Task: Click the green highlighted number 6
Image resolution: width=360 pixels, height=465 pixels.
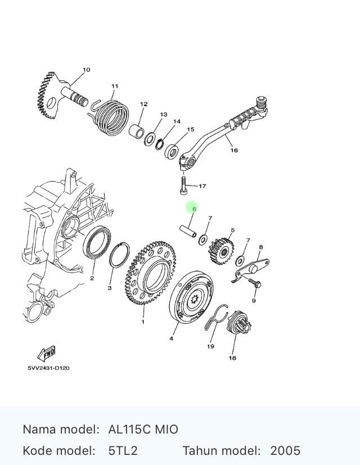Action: (x=195, y=209)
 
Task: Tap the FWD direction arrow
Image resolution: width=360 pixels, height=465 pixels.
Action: (x=46, y=354)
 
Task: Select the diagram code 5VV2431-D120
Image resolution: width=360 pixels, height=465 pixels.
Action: (x=49, y=368)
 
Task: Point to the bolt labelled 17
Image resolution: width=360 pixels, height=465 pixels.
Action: (x=183, y=186)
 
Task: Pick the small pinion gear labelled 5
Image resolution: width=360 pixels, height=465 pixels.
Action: (x=221, y=251)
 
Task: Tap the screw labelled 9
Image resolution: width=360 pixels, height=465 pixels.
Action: (x=255, y=283)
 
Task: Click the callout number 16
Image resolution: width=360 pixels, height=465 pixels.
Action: (x=234, y=150)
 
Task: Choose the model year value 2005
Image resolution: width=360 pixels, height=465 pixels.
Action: (x=285, y=451)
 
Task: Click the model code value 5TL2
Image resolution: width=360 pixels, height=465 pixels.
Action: (x=123, y=451)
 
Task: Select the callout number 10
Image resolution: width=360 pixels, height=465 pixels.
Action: (x=87, y=70)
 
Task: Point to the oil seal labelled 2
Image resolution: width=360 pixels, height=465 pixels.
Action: (x=97, y=242)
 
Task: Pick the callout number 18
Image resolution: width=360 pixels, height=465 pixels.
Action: (x=232, y=358)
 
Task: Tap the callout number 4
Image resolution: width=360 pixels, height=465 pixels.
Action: (x=171, y=338)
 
